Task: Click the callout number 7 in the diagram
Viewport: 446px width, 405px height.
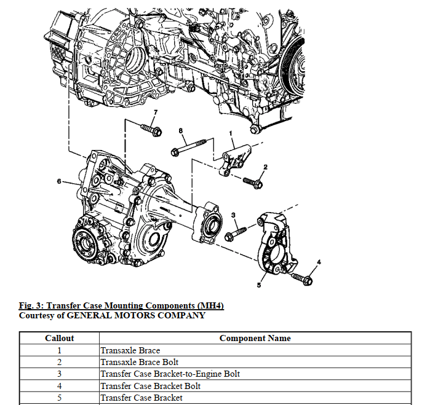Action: (x=155, y=112)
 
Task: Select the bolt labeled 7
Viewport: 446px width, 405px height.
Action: (x=151, y=130)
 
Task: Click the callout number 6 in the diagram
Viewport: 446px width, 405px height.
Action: (x=58, y=181)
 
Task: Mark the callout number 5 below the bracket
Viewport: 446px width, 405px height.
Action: (x=258, y=285)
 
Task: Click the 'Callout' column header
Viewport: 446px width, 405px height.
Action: (x=60, y=338)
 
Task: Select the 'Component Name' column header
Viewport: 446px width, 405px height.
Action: (x=255, y=338)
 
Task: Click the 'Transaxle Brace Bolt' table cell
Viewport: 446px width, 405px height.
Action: (x=139, y=362)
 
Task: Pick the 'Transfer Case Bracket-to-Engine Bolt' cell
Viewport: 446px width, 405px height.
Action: (x=170, y=374)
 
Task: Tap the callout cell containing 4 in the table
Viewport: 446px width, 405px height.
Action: (x=60, y=386)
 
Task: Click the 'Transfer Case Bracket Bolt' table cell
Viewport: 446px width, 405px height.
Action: (x=150, y=386)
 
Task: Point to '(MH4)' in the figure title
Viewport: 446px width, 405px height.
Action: (x=209, y=305)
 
